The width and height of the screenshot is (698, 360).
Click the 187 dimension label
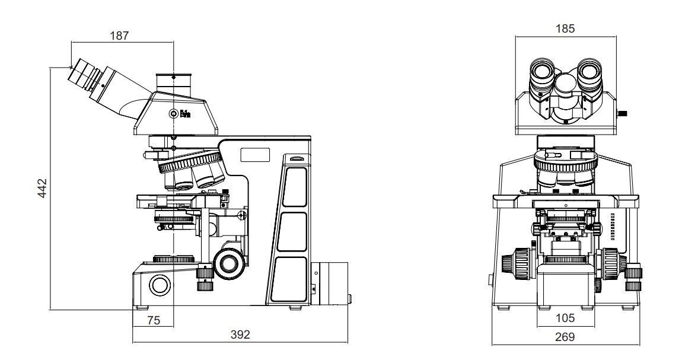[x=119, y=35]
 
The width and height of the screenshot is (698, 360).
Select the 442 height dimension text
[x=42, y=188]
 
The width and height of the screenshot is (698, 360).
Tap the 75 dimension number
[x=153, y=320]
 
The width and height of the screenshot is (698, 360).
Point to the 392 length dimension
[x=240, y=334]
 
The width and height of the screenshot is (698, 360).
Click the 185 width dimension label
[x=565, y=28]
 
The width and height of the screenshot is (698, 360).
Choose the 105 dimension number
[x=565, y=318]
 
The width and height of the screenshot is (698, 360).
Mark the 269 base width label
[x=565, y=337]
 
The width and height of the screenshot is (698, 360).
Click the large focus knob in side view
[x=230, y=263]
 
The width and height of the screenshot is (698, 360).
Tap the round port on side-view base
[x=160, y=285]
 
